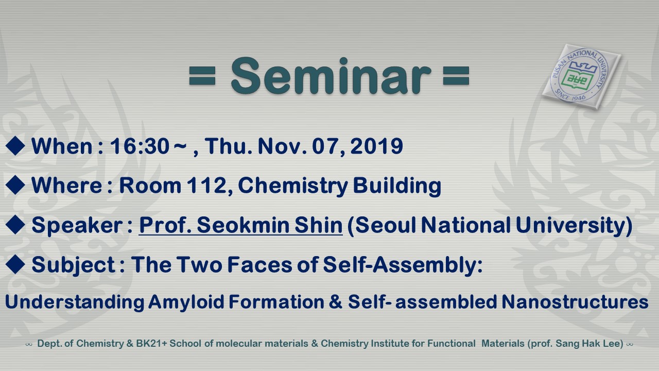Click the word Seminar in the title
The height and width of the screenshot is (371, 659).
tap(331, 76)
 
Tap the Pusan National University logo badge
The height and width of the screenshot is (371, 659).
tap(581, 77)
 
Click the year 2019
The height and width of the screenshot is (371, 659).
tap(376, 146)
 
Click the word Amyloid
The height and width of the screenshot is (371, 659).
tap(186, 302)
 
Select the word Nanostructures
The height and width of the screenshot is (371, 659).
tap(575, 301)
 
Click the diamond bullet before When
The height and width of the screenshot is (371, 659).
tap(15, 146)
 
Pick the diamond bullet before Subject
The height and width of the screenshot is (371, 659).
tap(15, 264)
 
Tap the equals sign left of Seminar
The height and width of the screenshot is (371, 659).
tap(202, 76)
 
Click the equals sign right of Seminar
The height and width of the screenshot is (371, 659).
tap(456, 76)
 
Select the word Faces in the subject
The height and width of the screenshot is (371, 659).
tap(260, 264)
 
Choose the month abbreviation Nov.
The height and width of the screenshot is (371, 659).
tap(283, 146)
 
